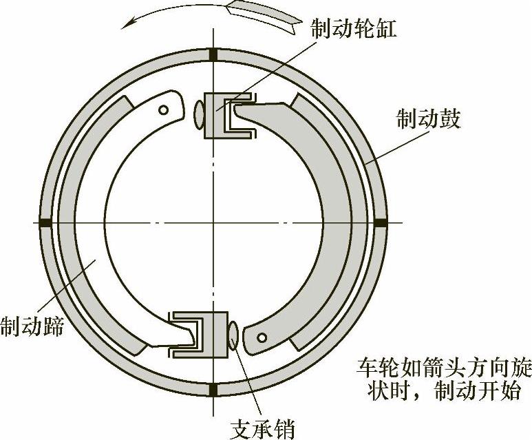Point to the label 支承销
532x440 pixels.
click(262, 428)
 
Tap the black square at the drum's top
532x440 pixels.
click(213, 54)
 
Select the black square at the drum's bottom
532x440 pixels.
click(213, 390)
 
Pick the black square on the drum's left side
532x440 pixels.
click(46, 222)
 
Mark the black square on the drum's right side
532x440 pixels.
click(381, 222)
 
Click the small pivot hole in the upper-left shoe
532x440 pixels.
click(163, 109)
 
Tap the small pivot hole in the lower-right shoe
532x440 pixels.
click(263, 337)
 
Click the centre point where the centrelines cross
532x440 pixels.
click(213, 222)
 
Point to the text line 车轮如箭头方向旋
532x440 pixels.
click(444, 367)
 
